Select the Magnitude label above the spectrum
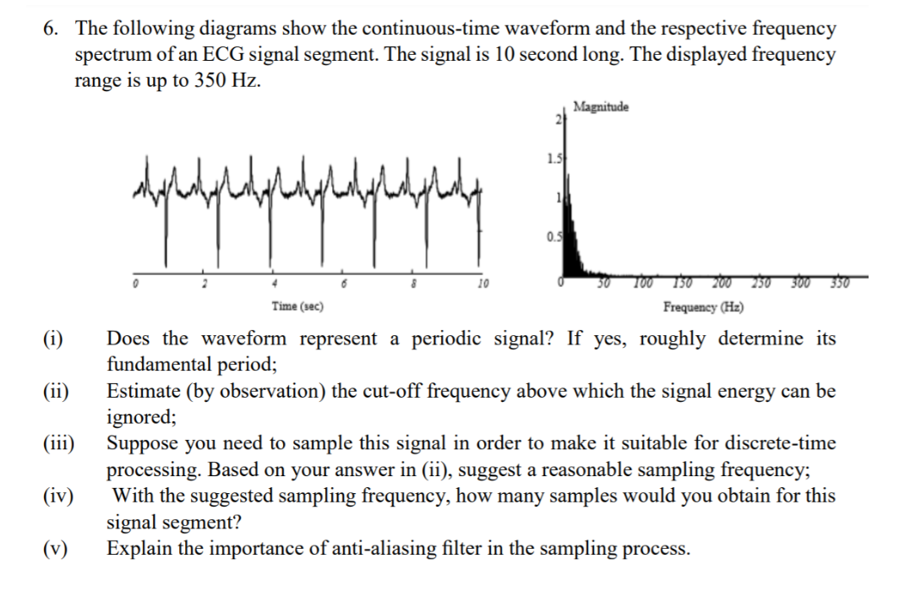[x=600, y=107]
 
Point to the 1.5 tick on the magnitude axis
[x=553, y=157]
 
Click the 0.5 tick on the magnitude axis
[x=553, y=236]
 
